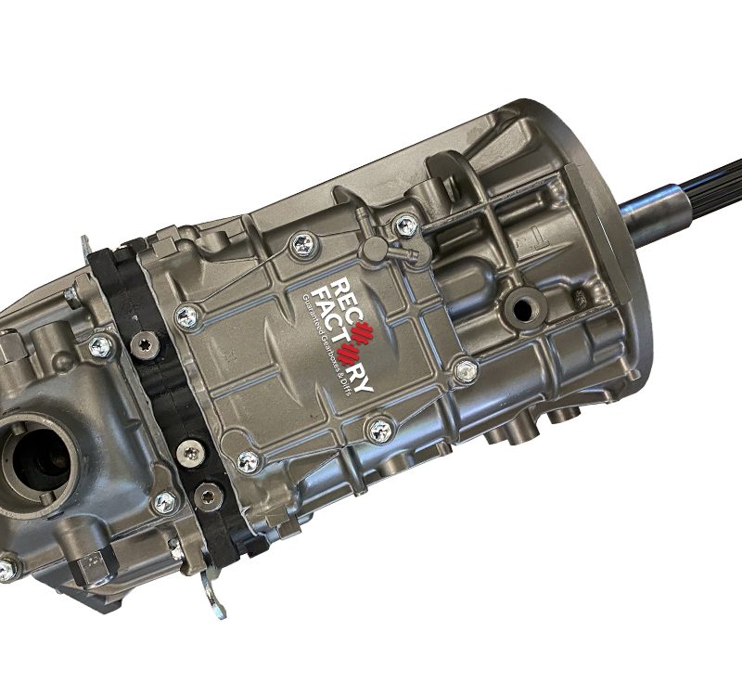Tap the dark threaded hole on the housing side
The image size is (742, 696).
(522, 310)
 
